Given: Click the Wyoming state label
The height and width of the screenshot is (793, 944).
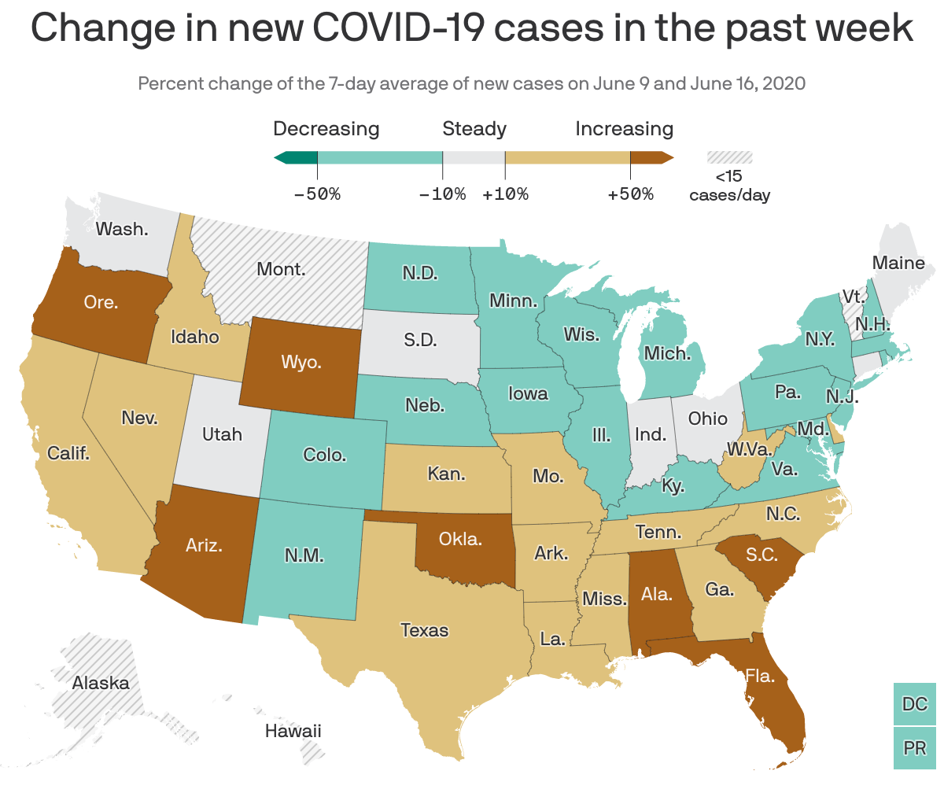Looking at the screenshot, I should click(x=301, y=363).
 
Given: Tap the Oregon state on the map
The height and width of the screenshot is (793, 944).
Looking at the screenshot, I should click(x=101, y=302).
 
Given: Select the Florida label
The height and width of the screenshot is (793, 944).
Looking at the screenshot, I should click(x=760, y=675).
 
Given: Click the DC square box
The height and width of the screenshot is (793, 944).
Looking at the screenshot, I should click(x=915, y=703).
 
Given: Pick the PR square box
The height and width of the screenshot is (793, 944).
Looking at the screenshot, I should click(x=915, y=748).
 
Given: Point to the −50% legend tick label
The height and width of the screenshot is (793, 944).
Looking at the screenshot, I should click(x=317, y=194).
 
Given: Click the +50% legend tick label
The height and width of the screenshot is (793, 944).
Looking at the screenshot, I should click(x=630, y=194).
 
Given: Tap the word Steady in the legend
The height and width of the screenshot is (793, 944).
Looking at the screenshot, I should click(x=474, y=129).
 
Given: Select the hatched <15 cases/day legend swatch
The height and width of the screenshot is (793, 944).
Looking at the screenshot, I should click(x=729, y=157).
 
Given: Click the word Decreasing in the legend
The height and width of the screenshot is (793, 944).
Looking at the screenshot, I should click(x=326, y=129).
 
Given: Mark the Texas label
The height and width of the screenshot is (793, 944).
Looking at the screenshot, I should click(x=424, y=630).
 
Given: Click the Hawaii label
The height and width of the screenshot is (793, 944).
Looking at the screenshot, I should click(x=293, y=731).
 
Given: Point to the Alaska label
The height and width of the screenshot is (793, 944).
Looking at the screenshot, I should click(x=101, y=683).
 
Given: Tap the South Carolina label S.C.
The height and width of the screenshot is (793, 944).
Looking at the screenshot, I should click(x=761, y=555).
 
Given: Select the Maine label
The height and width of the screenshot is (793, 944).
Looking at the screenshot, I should click(x=898, y=263).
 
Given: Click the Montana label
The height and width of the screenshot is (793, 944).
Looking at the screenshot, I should click(x=281, y=269).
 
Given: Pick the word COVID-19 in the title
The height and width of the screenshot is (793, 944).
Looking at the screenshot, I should click(x=392, y=29).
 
